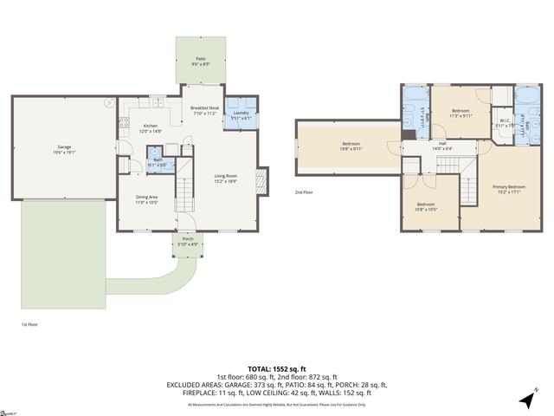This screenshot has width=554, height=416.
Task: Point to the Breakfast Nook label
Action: point(206,109)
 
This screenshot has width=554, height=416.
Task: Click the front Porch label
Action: point(187,242)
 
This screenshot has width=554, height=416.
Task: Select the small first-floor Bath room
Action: point(158,163)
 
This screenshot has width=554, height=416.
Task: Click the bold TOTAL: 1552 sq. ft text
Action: point(276,368)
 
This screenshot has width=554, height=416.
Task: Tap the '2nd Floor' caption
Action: point(304,192)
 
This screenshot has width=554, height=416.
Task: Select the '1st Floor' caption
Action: point(29,324)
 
